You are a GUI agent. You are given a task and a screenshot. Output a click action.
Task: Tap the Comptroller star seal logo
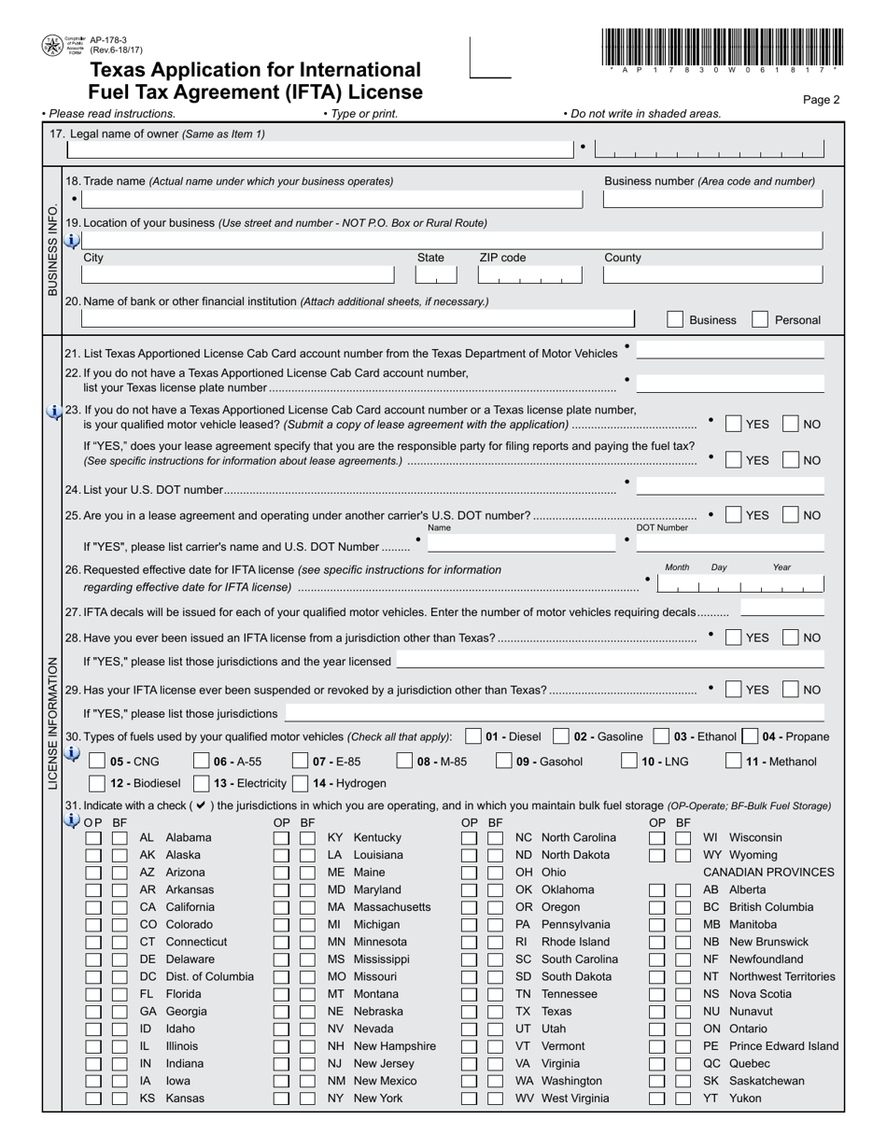tap(52, 45)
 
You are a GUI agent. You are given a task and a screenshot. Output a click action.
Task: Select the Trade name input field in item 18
tap(332, 199)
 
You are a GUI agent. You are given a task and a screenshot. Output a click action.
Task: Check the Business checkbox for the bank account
tap(675, 319)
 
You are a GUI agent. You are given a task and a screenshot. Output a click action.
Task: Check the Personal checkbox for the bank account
tap(760, 319)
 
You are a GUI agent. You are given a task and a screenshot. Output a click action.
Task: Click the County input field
tap(713, 274)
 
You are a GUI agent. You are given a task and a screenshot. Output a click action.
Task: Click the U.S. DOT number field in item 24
tap(730, 486)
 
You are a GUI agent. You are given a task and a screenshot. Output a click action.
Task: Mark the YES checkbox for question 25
tap(734, 515)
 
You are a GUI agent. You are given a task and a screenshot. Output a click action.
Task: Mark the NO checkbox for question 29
tap(791, 690)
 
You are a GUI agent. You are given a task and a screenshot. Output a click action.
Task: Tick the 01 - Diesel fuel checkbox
tap(473, 736)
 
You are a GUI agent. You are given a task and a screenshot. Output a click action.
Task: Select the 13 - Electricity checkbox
tap(201, 783)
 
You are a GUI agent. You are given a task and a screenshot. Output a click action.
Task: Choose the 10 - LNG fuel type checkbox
tap(629, 761)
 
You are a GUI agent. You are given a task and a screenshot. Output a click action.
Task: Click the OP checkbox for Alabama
tap(93, 838)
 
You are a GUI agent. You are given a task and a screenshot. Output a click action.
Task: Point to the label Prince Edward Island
tap(783, 1046)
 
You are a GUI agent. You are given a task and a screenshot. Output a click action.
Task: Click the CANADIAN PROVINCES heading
tap(768, 873)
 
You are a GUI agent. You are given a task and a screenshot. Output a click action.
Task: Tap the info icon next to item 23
tap(54, 412)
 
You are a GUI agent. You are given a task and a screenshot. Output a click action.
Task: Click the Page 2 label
tap(821, 100)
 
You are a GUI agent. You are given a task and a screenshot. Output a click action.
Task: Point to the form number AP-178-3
tap(108, 40)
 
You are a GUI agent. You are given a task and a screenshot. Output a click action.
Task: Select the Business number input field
tap(713, 199)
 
